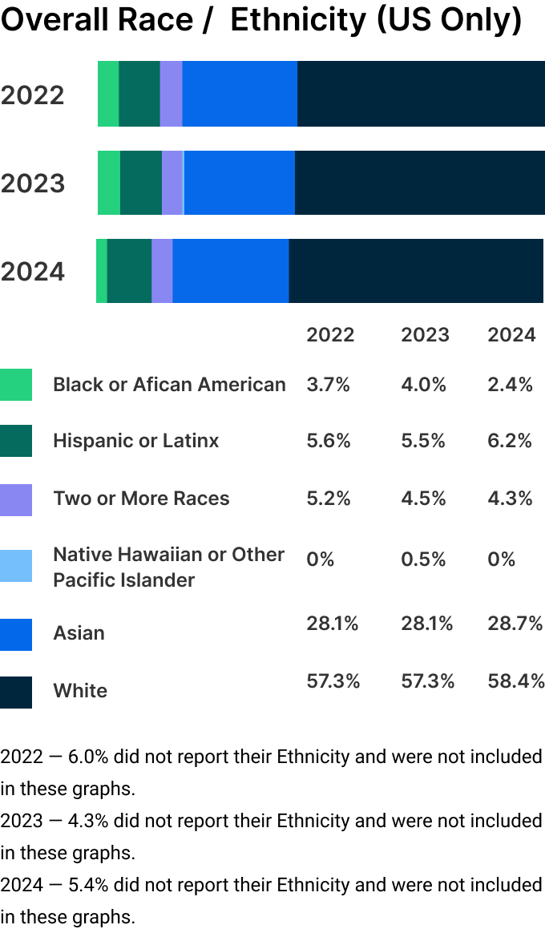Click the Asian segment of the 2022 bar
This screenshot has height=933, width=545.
pos(240,94)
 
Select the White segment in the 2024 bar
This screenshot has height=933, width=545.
pos(416,271)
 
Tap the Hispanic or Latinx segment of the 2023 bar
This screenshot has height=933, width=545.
pos(141,183)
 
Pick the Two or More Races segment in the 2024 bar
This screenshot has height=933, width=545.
pos(162,271)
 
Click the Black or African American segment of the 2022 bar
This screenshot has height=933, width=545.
pos(108,94)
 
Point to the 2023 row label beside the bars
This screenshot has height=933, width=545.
pos(33,184)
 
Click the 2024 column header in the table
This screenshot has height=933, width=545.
pos(511,334)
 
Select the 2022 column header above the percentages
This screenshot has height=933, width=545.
pos(330,334)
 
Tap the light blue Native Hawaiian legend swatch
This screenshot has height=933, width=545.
pos(16,566)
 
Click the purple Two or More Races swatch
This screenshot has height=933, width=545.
pos(16,499)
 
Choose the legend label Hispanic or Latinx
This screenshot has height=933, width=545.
pos(135,441)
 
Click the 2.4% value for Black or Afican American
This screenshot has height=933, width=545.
pos(510,385)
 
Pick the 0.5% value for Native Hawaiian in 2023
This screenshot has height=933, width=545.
pos(423,559)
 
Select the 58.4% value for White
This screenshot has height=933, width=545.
pos(516,681)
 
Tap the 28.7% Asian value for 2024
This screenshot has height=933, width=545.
pos(515,624)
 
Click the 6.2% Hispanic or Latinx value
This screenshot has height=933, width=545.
pos(510,441)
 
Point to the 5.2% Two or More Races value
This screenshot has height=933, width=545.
pos(329,499)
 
